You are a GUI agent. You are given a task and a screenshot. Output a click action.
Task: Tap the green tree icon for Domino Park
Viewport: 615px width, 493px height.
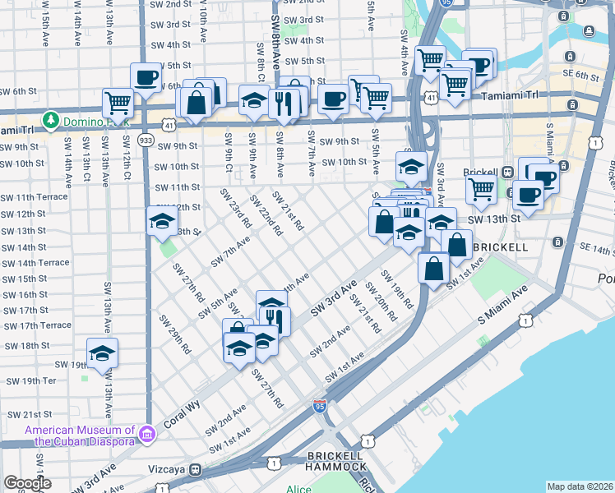click(51, 120)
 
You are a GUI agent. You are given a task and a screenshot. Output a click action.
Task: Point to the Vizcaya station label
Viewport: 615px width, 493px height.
click(164, 469)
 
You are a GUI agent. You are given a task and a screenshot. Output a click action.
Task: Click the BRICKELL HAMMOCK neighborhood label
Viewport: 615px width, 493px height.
click(336, 460)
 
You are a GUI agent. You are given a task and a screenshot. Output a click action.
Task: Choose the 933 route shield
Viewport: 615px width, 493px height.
click(146, 141)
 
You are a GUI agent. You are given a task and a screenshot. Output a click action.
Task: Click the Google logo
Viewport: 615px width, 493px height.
click(27, 483)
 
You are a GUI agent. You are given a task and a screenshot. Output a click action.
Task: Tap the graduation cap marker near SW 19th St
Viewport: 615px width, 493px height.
click(102, 353)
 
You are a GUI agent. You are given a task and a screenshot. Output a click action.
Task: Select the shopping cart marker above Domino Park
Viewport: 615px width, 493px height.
click(118, 104)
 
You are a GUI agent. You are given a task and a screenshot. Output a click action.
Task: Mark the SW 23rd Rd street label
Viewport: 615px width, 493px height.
click(234, 209)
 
